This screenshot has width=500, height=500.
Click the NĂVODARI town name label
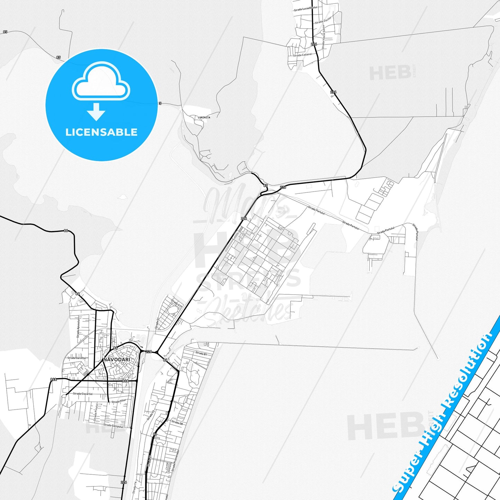point(117,360)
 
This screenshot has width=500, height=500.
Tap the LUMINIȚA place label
point(204,118)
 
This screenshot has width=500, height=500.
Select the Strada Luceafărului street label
point(305,9)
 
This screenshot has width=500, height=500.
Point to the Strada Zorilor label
point(323,20)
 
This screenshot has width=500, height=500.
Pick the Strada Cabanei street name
point(302,55)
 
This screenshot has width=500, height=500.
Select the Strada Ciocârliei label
point(83,394)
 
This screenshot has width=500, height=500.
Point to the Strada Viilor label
point(119,401)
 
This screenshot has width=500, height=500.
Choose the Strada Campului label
point(113,426)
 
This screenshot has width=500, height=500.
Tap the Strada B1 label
point(201,354)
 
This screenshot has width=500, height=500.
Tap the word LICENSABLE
point(101,132)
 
